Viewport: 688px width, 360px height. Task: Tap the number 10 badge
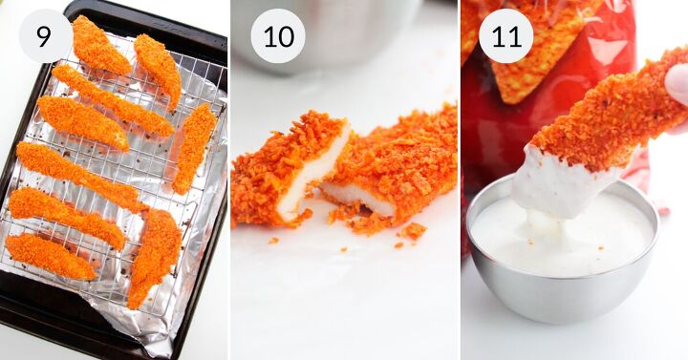pos(278,36)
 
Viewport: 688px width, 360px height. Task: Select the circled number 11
pos(505,36)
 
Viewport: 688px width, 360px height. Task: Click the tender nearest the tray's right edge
pos(194,148)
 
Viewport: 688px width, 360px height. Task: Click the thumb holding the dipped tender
pos(677,83)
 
